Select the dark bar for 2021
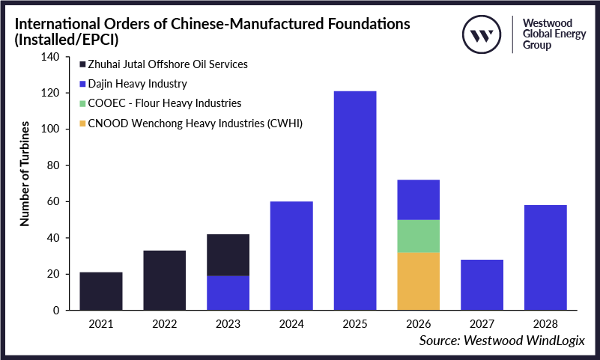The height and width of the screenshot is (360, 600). click(x=101, y=291)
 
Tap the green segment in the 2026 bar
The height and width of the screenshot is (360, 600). click(x=419, y=236)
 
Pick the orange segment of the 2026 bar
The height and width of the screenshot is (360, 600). click(x=419, y=281)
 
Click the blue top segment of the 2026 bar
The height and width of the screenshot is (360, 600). click(x=419, y=200)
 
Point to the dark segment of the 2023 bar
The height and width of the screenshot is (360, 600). click(x=228, y=255)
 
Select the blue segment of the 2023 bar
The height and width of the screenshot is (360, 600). click(x=228, y=293)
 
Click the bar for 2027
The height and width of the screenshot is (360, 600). click(x=482, y=285)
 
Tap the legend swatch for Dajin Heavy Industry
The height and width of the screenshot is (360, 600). click(x=82, y=84)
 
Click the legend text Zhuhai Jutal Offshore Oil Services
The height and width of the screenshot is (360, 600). click(x=168, y=64)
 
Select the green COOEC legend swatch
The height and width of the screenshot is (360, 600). click(x=82, y=103)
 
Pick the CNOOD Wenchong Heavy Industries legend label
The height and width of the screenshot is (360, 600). click(x=180, y=123)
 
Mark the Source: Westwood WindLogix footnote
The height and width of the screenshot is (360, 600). click(x=501, y=340)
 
